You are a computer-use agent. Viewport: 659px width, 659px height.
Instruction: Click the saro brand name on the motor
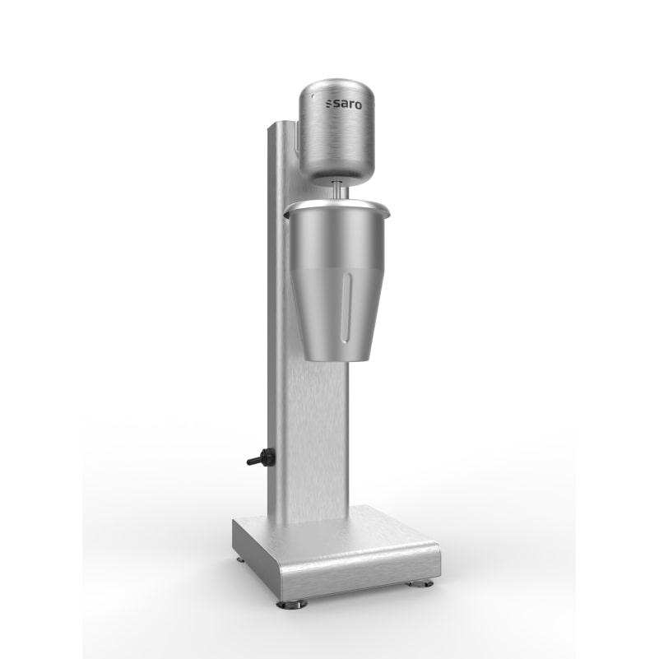pyautogui.click(x=341, y=104)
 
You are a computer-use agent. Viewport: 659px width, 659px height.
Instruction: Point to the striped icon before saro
pyautogui.click(x=325, y=104)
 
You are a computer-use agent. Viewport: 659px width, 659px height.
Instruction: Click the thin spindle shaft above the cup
pyautogui.click(x=338, y=188)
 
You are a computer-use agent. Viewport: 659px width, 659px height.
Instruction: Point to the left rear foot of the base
pyautogui.click(x=240, y=559)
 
